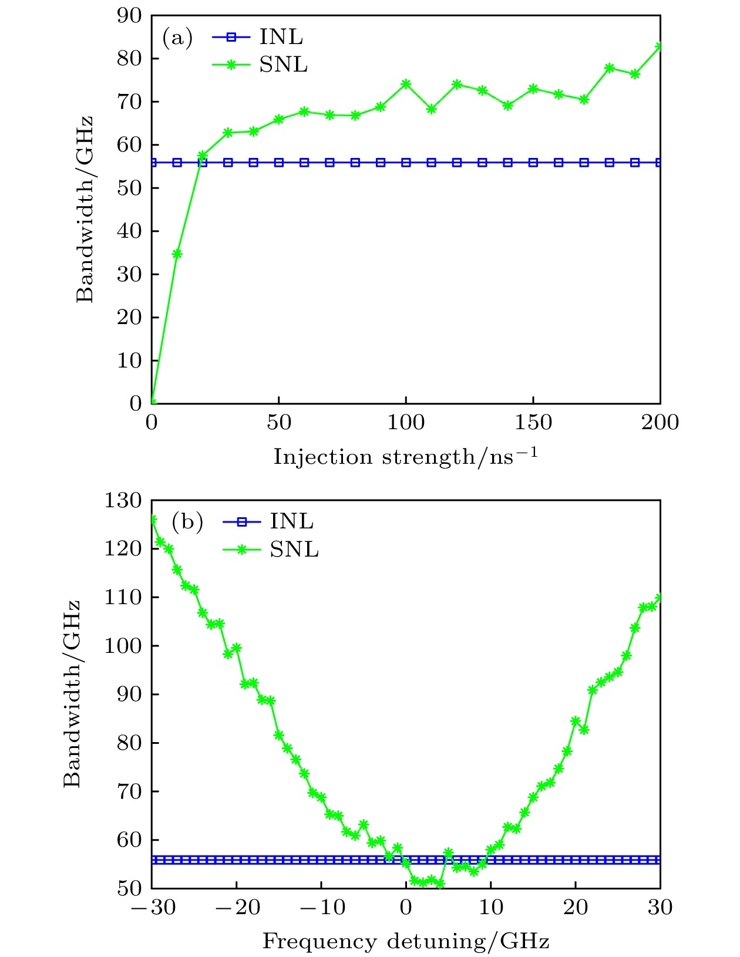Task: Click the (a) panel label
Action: tap(177, 38)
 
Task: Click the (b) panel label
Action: tap(187, 522)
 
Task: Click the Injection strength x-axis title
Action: tap(405, 457)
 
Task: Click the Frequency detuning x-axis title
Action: tap(405, 942)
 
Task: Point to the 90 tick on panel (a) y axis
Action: tap(129, 16)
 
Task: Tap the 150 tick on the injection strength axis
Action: tap(533, 423)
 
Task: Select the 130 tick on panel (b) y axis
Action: tap(123, 501)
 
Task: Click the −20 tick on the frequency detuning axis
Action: tap(237, 908)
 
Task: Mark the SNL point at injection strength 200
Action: tap(660, 46)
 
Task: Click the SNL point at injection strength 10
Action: tap(177, 254)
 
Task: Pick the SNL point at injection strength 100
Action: tap(406, 84)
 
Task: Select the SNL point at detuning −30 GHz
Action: tap(152, 520)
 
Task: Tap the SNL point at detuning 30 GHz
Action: tap(660, 598)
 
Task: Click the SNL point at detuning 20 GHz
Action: tap(576, 721)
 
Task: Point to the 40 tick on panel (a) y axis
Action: tap(129, 231)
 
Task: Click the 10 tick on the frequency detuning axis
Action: tap(491, 908)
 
